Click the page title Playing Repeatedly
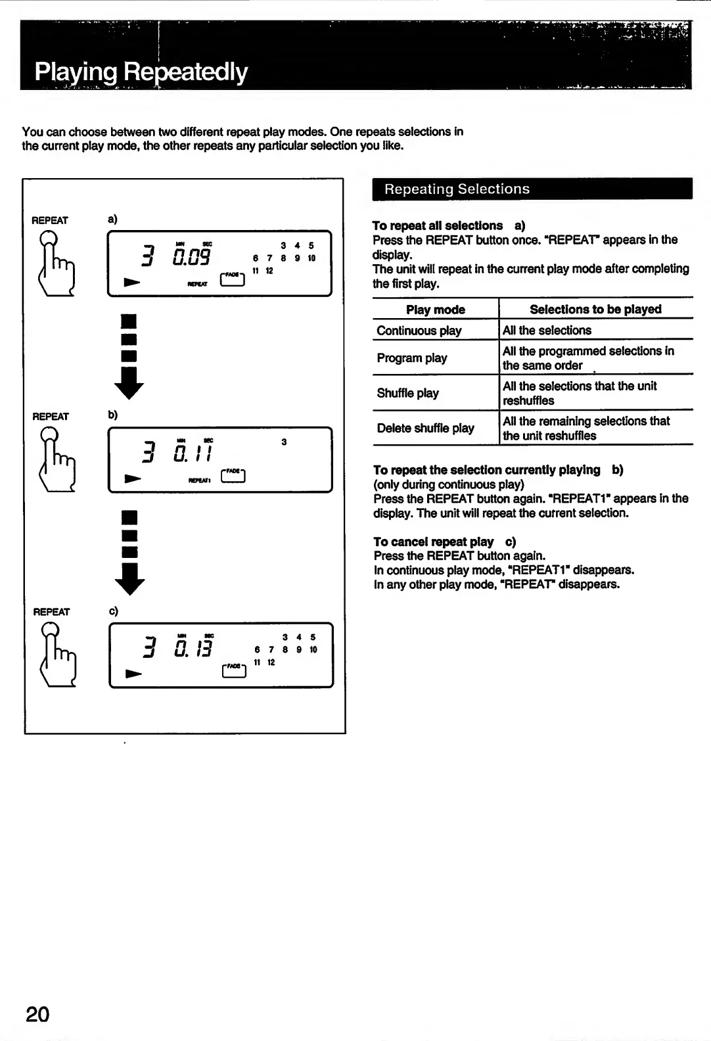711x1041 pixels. (141, 72)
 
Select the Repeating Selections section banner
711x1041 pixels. (457, 189)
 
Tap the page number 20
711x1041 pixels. (37, 1014)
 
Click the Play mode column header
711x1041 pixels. (435, 310)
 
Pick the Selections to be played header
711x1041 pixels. (595, 310)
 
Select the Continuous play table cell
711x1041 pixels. (419, 331)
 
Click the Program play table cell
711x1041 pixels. (412, 358)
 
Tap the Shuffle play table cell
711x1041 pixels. (408, 393)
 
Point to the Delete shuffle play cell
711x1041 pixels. (425, 428)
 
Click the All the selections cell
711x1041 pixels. (547, 331)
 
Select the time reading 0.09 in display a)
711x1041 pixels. (191, 256)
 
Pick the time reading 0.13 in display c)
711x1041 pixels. (193, 648)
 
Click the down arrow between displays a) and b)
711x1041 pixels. (129, 358)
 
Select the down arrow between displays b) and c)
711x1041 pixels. (129, 553)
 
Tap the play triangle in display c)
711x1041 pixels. (133, 674)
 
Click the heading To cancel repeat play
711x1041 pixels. (434, 542)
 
